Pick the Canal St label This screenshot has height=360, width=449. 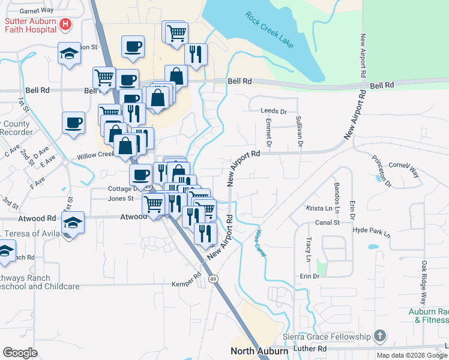point(328,223)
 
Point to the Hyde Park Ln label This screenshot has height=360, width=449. point(372,230)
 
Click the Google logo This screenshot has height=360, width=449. point(20,353)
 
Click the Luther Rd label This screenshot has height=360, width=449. point(309,348)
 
